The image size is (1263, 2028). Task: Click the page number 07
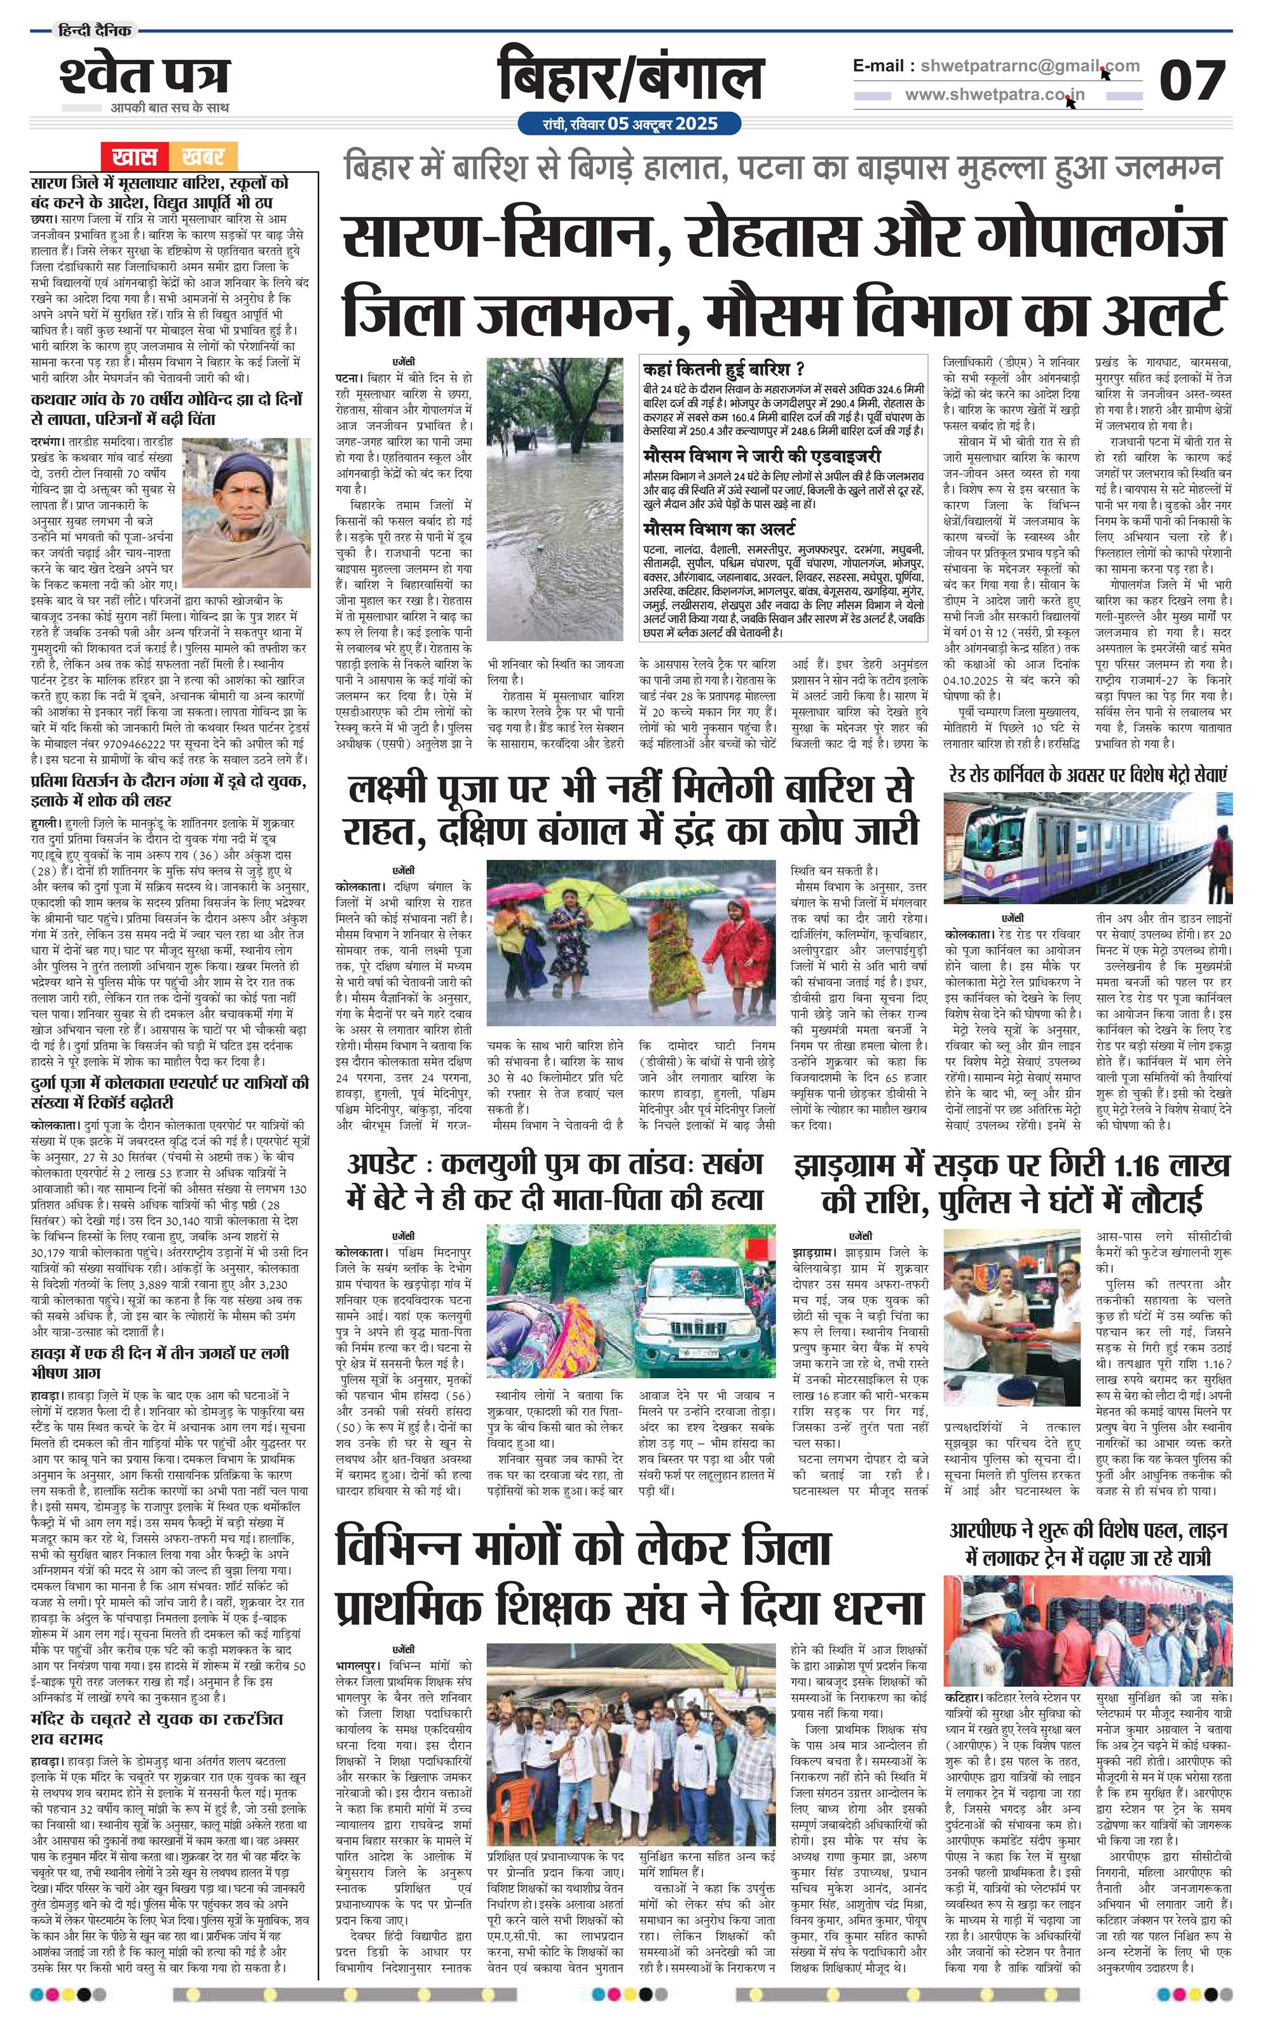1191,80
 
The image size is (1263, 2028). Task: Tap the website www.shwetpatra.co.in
994,94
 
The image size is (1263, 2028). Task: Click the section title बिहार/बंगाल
630,78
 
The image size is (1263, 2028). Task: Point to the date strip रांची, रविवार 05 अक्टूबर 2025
630,123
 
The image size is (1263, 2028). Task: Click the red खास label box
135,156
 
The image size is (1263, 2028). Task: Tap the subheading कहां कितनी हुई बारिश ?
723,368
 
